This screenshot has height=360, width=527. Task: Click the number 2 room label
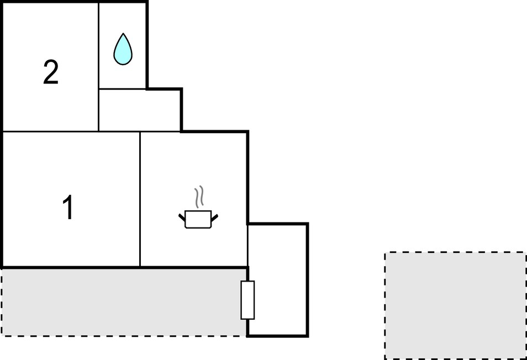click(51, 72)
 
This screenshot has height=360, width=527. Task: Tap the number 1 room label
click(68, 208)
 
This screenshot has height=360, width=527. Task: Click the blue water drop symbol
click(123, 49)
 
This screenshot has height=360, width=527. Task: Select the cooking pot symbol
click(198, 219)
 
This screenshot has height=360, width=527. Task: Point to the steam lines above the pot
click(199, 196)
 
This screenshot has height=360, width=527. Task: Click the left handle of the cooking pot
click(182, 218)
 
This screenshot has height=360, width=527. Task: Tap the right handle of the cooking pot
click(214, 218)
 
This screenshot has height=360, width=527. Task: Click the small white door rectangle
click(247, 300)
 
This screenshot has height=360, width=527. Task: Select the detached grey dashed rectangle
click(455, 305)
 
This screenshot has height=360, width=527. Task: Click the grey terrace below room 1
click(124, 302)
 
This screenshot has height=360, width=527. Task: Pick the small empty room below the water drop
click(139, 110)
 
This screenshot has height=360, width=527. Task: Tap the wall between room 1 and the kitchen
click(140, 199)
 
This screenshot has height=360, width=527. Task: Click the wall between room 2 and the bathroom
click(98, 67)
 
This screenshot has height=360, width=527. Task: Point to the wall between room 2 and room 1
click(50, 131)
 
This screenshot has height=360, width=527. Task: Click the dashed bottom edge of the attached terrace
click(124, 336)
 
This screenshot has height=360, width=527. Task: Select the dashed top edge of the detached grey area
click(455, 252)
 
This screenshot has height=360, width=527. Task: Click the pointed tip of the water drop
click(123, 33)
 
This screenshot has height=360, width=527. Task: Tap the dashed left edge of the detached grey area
click(385, 305)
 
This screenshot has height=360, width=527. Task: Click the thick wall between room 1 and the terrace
click(71, 268)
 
